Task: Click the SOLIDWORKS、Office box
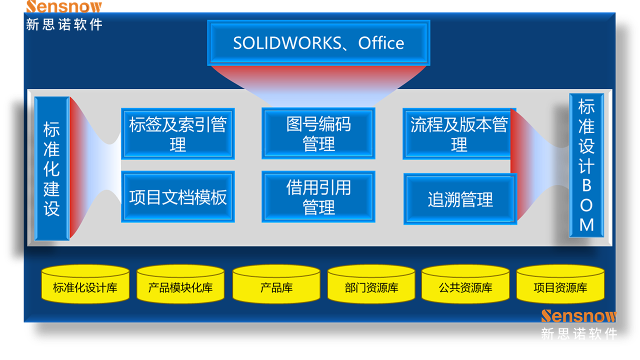(318, 43)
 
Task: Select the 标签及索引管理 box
(178, 134)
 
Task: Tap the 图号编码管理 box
(318, 134)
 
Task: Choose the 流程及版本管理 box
(459, 134)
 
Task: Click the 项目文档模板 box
(178, 197)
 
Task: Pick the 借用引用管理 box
(318, 197)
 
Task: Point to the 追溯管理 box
(460, 199)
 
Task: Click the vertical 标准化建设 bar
(52, 168)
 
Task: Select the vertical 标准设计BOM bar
(586, 165)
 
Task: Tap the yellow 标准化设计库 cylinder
(85, 285)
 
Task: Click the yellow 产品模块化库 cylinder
(180, 285)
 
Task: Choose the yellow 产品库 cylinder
(276, 285)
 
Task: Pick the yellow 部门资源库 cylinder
(371, 285)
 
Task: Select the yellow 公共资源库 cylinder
(465, 285)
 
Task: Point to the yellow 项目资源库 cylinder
(560, 285)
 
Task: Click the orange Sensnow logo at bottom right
(579, 316)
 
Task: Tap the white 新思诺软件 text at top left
(64, 24)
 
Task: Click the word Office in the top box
(381, 43)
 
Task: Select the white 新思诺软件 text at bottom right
(579, 334)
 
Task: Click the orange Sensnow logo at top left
(64, 6)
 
